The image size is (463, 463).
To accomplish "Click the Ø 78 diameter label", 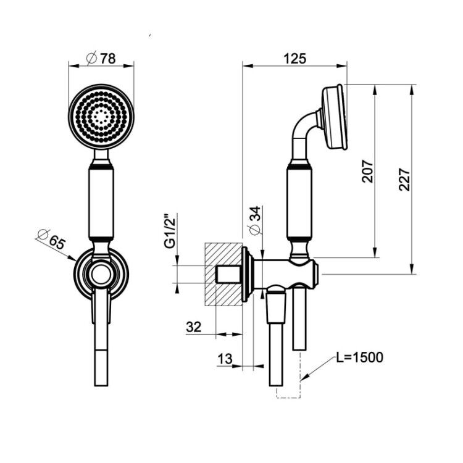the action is coord(101,58).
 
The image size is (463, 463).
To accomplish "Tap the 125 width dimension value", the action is coord(294,59).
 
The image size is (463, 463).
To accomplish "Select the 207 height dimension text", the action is coord(368,171).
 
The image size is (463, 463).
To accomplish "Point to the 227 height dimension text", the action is coord(404,180).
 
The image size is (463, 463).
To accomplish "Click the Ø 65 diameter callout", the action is coord(50,238).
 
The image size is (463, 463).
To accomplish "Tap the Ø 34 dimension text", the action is coord(254,220).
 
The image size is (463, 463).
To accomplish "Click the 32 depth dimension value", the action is coord(194,327).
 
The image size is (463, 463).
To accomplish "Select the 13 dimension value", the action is coord(225,359).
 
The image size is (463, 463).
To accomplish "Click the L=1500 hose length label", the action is coord(360,357).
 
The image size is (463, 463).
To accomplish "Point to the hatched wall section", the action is coord(223,274).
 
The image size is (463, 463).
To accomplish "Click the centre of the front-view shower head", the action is coord(101,116).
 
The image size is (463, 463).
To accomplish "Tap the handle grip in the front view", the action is coord(101,203).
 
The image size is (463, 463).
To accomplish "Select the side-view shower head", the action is coord(335,117).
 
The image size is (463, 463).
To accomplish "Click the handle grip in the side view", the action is coord(299,203).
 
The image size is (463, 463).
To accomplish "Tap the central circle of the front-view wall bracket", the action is coord(101,275).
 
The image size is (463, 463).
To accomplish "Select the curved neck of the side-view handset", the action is coord(304,125).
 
